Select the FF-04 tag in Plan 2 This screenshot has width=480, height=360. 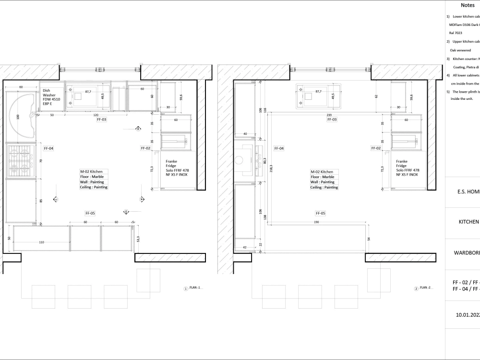pos(278,148)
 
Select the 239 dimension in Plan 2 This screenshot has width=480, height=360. pos(330,115)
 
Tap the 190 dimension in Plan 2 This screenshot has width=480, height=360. pos(316,222)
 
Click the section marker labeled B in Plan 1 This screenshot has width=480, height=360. pos(138,129)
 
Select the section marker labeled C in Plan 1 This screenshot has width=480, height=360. pos(55,199)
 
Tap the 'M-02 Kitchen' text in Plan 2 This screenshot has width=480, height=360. pos(322,171)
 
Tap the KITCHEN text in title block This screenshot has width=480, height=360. pos(468,222)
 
